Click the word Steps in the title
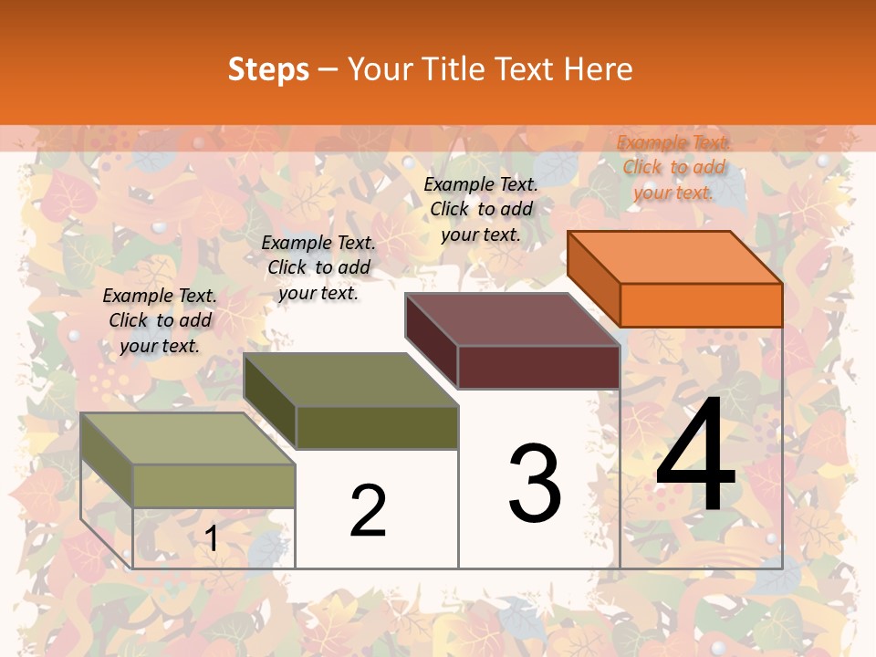tap(268, 69)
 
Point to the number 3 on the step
tap(535, 484)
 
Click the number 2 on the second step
tap(369, 511)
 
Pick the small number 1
tap(212, 539)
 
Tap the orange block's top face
tap(675, 256)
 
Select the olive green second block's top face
tap(351, 380)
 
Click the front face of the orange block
tap(701, 305)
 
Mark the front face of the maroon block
tap(538, 368)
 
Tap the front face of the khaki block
tap(214, 485)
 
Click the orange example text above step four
tap(673, 167)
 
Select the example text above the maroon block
tap(481, 209)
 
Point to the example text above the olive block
tap(318, 267)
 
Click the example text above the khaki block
tap(160, 320)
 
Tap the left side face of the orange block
tap(593, 278)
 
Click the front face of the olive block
tap(377, 427)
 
